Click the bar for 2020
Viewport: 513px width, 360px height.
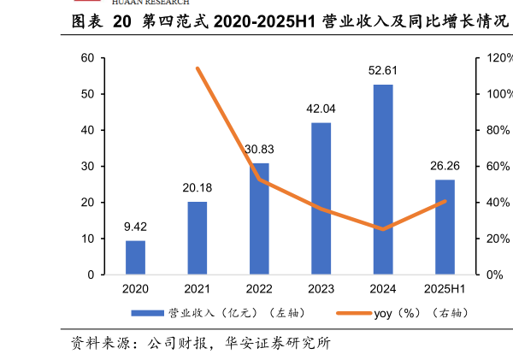(x=135, y=257)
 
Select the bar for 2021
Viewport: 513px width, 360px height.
(x=198, y=238)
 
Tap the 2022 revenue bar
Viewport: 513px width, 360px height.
(x=259, y=219)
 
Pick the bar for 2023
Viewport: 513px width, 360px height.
(x=321, y=198)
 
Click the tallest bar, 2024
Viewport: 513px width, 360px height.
(x=383, y=180)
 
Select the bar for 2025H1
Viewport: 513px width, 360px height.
(x=445, y=227)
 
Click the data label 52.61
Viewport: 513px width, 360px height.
(x=383, y=71)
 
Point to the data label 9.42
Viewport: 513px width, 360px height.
(x=135, y=227)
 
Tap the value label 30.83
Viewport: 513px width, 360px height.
(x=259, y=149)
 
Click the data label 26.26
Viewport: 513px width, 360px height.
(x=445, y=165)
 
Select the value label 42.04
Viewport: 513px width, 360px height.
(x=321, y=109)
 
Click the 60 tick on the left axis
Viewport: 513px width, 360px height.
(x=87, y=58)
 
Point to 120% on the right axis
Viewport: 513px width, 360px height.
(x=499, y=58)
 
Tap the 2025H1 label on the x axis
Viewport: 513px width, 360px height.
(x=445, y=290)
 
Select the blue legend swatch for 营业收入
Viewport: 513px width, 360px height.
(x=146, y=313)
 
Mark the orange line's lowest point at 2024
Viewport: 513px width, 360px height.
(x=383, y=229)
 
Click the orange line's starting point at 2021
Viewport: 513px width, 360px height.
(x=198, y=68)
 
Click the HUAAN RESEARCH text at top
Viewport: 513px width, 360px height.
(x=150, y=3)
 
